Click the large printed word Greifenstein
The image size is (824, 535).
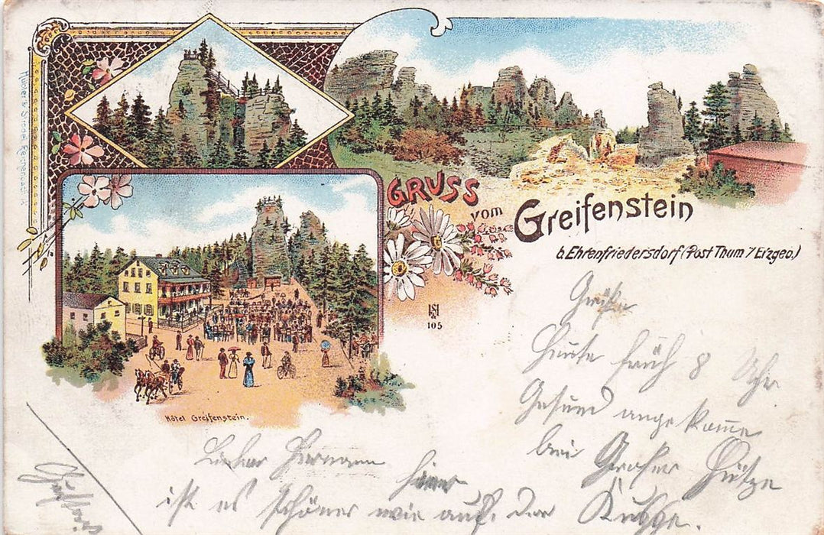click(x=603, y=216)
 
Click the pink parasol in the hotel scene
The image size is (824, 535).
click(x=233, y=351)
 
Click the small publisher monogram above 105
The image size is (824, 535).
click(x=433, y=311)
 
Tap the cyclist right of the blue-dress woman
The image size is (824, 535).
click(x=286, y=366)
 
